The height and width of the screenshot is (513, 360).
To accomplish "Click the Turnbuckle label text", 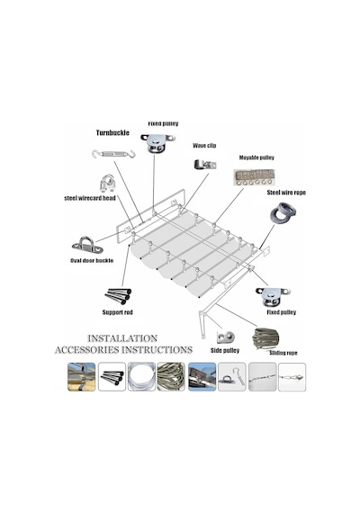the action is tap(112, 132).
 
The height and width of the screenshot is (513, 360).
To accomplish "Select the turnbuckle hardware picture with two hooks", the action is tap(113, 154).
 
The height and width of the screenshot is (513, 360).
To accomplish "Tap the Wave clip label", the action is tap(204, 146).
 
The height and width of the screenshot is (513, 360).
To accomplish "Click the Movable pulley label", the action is tap(256, 157).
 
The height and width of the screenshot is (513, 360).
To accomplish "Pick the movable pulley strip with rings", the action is tap(254, 177).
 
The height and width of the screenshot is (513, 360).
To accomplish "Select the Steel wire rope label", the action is tap(286, 193).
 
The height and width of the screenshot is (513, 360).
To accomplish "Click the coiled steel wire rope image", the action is tap(283, 213).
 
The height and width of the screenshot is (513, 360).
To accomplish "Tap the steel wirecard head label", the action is tap(90, 198).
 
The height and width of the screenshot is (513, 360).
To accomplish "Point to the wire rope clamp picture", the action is tap(107, 184).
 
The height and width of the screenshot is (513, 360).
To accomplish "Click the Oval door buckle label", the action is tap(92, 260).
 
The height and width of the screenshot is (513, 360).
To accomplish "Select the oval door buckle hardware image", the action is tap(87, 245).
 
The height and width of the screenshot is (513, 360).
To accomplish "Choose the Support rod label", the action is tap(118, 312).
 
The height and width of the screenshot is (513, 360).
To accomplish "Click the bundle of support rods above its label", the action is tap(118, 296).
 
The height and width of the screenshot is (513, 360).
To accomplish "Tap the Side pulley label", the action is tap(225, 350).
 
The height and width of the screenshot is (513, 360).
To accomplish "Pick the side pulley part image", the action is tap(226, 337).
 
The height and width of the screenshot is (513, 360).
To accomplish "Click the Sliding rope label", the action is tap(283, 353).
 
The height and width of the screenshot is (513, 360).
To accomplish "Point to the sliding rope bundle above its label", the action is tap(265, 338).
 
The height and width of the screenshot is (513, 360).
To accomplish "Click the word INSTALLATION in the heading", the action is tap(122, 338).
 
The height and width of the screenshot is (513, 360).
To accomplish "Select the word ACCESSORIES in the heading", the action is tap(87, 350).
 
